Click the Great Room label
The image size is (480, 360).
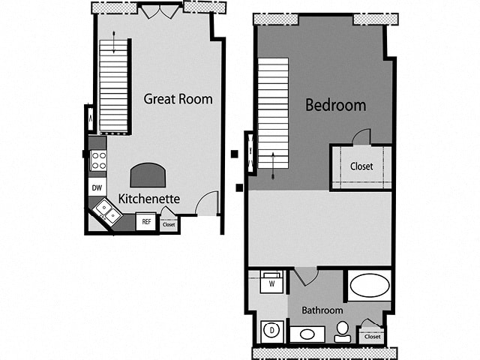point(178,99)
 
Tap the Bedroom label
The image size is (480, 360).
point(335,105)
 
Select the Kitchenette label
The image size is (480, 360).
point(148,199)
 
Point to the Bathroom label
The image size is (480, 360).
point(322,310)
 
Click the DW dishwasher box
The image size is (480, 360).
point(97,187)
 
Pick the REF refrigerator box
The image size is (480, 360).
point(146,222)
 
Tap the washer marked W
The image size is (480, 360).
point(271,284)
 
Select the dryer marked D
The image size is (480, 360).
point(270,331)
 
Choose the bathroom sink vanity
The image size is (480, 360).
point(307,334)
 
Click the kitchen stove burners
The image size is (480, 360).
point(97,160)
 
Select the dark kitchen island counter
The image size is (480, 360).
point(148,175)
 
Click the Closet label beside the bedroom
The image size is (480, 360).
point(361,166)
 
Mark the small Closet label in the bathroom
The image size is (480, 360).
point(372,337)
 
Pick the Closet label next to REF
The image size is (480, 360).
point(169,224)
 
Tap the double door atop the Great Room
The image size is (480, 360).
point(160,11)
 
